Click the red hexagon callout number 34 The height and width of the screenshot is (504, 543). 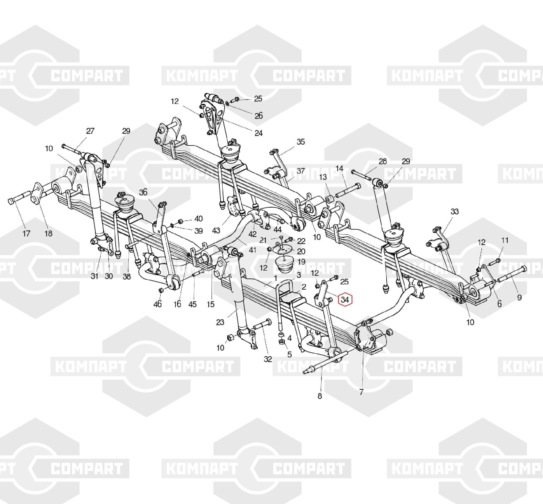coord(345,300)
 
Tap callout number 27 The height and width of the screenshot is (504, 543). coord(90,131)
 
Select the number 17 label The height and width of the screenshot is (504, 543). coord(26,233)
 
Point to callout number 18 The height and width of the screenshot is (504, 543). coord(48,233)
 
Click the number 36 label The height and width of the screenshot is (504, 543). coord(143,192)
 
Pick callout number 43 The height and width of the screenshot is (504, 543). coord(216,231)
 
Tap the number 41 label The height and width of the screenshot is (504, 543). coord(253,250)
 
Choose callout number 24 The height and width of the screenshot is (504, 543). coord(258,133)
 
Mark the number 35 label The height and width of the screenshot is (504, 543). coord(301,142)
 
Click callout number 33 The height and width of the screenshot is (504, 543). coord(454,211)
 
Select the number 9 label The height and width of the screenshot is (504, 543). coord(519,297)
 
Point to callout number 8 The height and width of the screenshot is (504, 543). coord(320,396)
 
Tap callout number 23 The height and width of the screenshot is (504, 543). coord(220,322)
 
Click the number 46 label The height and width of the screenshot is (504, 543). coord(157,304)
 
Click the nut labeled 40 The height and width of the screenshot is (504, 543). coord(180,221)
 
